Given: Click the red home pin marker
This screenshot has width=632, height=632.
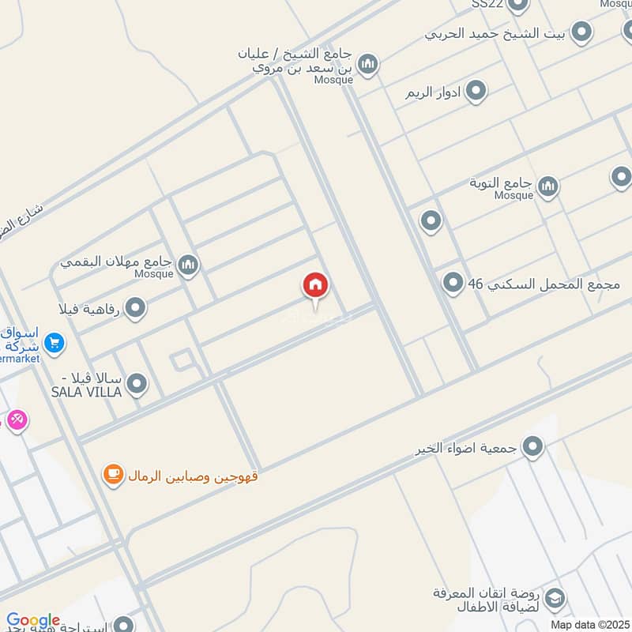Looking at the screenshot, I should [316, 286].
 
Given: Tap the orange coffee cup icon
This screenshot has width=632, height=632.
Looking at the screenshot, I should [114, 476].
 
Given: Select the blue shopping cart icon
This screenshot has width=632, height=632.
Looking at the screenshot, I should [54, 343].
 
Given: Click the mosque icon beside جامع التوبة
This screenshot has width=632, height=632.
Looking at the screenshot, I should [547, 187].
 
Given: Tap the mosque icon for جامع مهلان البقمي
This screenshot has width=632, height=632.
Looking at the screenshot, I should [187, 265].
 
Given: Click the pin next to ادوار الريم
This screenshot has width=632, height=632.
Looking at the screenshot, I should [476, 92].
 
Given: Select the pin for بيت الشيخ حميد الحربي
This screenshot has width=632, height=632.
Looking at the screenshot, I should [581, 32].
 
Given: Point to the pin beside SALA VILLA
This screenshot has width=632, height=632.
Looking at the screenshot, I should [137, 385].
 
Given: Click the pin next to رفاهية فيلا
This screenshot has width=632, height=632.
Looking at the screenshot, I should [136, 308].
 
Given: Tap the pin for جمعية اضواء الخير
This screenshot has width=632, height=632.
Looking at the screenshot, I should [533, 448].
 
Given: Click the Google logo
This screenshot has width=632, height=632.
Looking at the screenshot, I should [32, 621].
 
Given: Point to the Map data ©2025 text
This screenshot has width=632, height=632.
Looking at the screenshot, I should [589, 624].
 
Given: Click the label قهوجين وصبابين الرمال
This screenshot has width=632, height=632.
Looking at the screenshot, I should [194, 476].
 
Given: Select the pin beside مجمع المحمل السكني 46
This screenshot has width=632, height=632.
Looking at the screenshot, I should [453, 282].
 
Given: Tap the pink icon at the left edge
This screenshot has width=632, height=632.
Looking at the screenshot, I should [16, 420].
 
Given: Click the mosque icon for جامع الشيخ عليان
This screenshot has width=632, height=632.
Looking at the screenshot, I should [367, 63].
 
